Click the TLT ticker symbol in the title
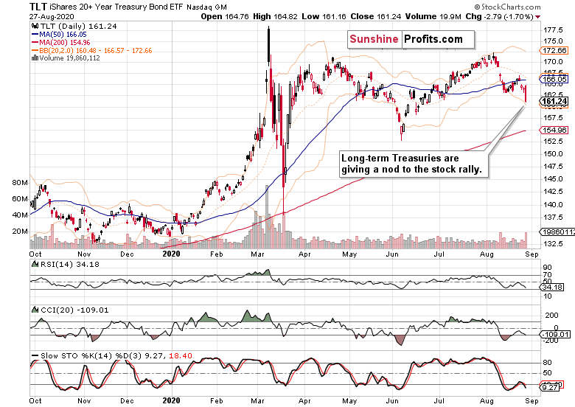pyautogui.click(x=39, y=5)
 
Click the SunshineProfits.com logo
pyautogui.click(x=405, y=39)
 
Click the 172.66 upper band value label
pyautogui.click(x=554, y=50)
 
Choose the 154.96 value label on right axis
pyautogui.click(x=554, y=130)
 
